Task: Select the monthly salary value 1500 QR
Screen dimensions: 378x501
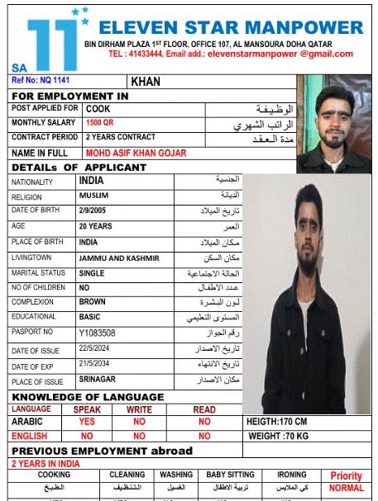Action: point(100,123)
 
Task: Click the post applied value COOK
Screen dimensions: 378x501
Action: point(98,108)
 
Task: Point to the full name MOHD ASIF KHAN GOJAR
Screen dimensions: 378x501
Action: point(136,153)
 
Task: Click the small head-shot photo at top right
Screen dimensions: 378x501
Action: point(332,123)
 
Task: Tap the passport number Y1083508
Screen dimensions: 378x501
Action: point(97,333)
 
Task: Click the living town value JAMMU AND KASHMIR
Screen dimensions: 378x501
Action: point(118,258)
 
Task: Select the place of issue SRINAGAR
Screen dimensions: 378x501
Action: point(98,380)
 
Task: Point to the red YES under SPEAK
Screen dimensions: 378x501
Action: point(87,421)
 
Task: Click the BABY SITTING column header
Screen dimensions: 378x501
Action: point(230,475)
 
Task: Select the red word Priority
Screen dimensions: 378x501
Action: point(346,476)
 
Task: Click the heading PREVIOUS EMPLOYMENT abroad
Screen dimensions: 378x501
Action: point(102,451)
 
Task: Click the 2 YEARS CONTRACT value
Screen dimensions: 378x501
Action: point(120,137)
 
